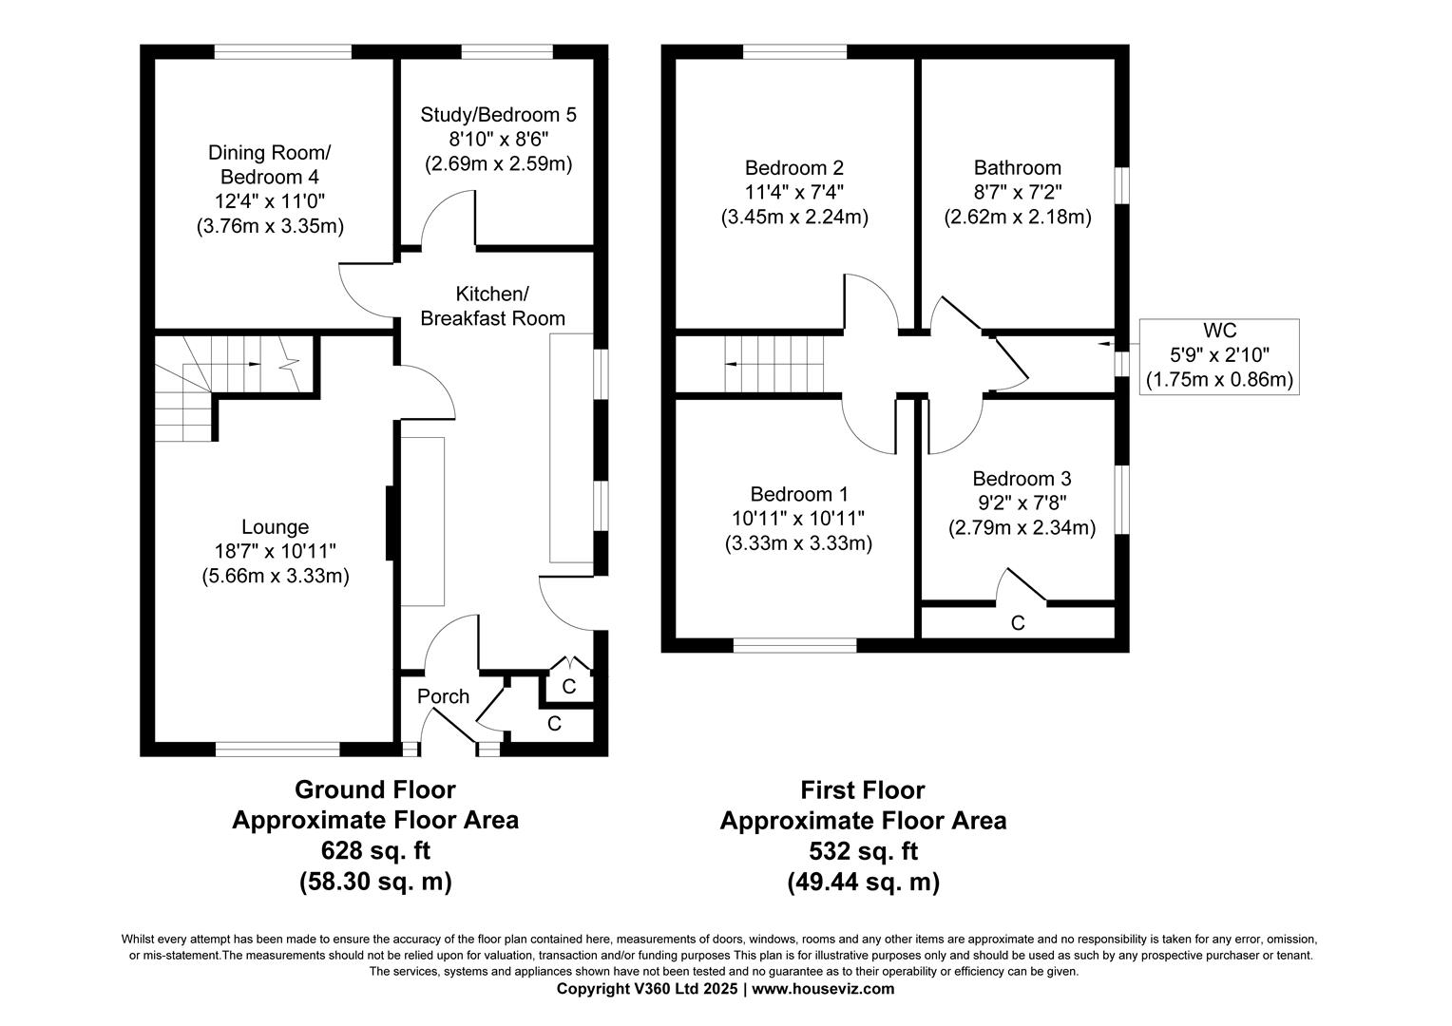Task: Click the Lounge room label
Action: coord(275,527)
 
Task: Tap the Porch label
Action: coord(443,696)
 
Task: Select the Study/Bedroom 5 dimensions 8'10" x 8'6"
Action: coord(498,139)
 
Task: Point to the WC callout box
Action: coord(1220,356)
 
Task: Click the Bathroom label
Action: coord(1017,168)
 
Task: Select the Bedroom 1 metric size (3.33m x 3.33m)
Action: coord(797,543)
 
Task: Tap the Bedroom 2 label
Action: coord(793,168)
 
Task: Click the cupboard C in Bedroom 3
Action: coord(1018,623)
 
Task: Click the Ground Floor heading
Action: coord(374,789)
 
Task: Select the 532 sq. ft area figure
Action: coord(862,851)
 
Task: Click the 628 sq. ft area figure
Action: coord(374,850)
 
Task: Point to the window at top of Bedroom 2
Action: coord(794,52)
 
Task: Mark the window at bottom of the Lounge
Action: coord(277,750)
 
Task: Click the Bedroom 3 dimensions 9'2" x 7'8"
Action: coord(1022,503)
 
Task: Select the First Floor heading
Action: coord(862,790)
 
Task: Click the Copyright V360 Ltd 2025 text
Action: coord(647,989)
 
